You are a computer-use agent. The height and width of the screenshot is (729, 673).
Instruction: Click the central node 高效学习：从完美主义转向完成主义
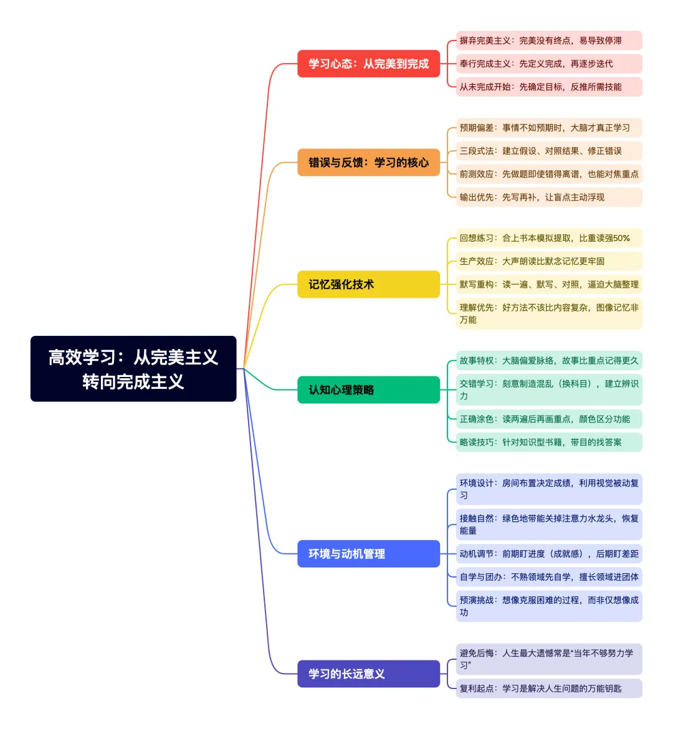point(133,369)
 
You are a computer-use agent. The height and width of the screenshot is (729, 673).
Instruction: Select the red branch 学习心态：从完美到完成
point(368,64)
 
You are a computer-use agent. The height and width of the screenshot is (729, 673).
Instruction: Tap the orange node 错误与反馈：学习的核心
point(368,163)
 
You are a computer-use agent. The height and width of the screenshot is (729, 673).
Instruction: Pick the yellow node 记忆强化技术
point(368,284)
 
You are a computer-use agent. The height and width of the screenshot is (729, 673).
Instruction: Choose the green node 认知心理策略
point(368,390)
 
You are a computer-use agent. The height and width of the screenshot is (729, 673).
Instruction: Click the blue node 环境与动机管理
point(368,554)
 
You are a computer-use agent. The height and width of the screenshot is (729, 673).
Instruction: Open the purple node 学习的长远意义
point(368,674)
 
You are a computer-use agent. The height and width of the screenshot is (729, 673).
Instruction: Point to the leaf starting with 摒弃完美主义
point(548,40)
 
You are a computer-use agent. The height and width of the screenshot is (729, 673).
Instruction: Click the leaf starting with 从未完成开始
point(548,87)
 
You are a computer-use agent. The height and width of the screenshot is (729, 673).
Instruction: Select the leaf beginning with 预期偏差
point(548,128)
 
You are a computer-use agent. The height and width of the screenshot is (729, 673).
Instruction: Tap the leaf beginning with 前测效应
point(548,174)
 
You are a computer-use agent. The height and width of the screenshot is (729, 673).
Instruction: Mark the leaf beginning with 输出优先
point(548,197)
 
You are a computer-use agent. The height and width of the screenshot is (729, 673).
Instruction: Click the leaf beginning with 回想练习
point(548,238)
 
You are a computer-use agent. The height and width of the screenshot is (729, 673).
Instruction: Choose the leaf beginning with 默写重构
point(548,284)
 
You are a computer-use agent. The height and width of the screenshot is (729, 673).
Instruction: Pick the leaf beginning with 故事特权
point(548,360)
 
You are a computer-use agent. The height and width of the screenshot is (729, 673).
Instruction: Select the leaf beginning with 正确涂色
point(548,419)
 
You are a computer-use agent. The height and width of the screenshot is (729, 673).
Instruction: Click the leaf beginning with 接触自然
point(548,524)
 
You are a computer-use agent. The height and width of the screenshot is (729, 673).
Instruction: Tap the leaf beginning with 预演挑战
point(548,606)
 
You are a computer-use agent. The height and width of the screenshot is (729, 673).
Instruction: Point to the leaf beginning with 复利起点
point(548,688)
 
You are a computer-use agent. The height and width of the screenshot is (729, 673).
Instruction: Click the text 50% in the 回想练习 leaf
point(621,238)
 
